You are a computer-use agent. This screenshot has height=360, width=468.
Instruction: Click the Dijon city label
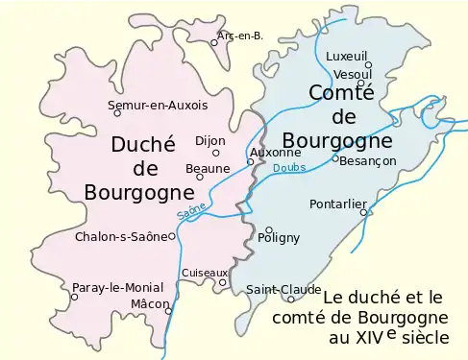click(209, 140)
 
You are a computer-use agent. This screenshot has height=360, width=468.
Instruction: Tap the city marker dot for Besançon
click(335, 158)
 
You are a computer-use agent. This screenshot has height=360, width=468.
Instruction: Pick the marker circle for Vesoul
click(361, 83)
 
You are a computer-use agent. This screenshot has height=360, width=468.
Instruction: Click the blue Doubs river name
click(288, 168)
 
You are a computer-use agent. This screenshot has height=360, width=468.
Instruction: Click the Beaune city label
click(208, 169)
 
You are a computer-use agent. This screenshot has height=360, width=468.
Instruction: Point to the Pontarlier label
click(337, 204)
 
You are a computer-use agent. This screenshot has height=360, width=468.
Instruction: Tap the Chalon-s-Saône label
click(121, 236)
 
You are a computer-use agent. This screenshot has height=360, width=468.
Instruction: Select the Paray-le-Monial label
click(118, 287)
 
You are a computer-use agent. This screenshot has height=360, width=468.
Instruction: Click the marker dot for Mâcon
click(167, 310)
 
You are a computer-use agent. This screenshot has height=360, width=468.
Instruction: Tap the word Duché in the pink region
click(143, 144)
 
